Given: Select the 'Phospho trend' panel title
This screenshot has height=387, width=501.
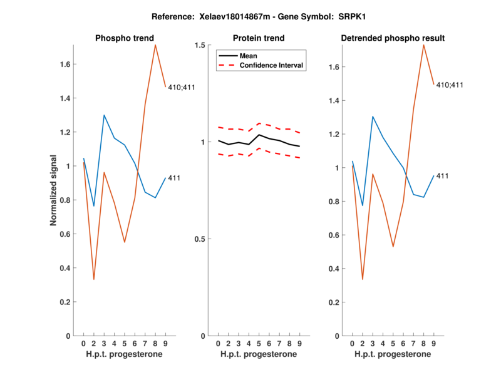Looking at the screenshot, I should pyautogui.click(x=124, y=38).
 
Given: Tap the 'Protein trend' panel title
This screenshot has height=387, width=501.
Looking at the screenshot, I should pyautogui.click(x=258, y=38).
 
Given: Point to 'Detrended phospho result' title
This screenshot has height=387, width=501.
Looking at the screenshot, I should pyautogui.click(x=393, y=38).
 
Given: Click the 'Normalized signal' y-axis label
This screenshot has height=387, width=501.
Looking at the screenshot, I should pyautogui.click(x=54, y=190).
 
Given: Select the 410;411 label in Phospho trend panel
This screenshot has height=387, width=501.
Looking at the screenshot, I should pyautogui.click(x=182, y=87).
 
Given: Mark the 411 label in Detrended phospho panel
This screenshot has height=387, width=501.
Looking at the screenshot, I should pyautogui.click(x=442, y=176).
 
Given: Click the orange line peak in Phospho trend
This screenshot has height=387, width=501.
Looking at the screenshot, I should pyautogui.click(x=155, y=45).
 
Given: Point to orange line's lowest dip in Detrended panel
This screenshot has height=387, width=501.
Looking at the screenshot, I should pyautogui.click(x=363, y=279).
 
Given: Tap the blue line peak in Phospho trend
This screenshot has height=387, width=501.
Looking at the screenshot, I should pyautogui.click(x=104, y=115).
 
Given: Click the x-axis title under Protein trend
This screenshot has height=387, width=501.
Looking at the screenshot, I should pyautogui.click(x=258, y=354).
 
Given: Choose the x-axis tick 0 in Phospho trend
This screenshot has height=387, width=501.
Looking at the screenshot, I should pyautogui.click(x=83, y=344).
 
